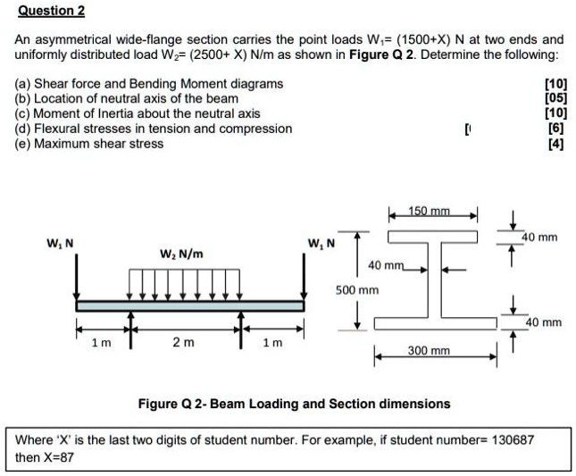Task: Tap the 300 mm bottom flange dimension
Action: (429, 352)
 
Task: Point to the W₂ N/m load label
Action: (181, 255)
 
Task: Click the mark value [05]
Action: (555, 98)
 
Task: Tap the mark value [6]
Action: (556, 129)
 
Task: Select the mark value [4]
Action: (556, 144)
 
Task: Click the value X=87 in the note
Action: (55, 456)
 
